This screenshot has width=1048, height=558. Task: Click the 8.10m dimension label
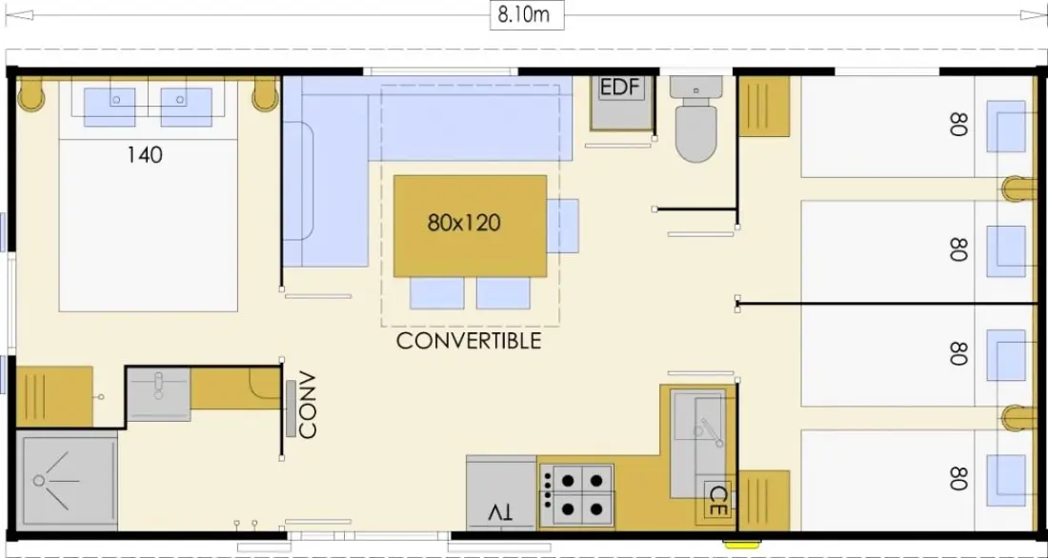(528, 14)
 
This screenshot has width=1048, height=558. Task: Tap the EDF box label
(621, 89)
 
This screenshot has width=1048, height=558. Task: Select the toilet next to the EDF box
(695, 118)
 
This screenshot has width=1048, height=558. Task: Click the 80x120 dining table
(470, 226)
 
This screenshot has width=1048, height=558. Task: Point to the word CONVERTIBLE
(469, 341)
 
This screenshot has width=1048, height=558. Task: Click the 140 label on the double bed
(145, 155)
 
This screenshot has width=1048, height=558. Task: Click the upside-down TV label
(500, 512)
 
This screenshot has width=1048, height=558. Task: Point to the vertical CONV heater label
(307, 405)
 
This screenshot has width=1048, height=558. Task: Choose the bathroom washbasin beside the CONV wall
(158, 394)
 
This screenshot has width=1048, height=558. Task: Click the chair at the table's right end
(563, 226)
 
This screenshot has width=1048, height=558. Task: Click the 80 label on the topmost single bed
(957, 124)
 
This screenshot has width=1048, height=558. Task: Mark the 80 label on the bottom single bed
(957, 478)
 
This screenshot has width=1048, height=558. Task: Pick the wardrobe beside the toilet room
(764, 107)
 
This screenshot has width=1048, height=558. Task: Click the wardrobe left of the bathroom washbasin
(54, 396)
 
